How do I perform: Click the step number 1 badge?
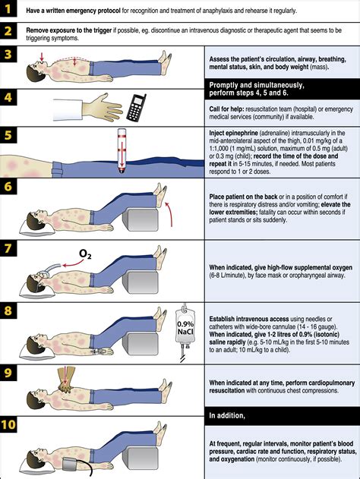(x=8, y=9)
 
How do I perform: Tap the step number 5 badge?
(x=8, y=135)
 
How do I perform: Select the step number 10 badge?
(x=8, y=424)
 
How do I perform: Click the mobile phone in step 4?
(x=136, y=107)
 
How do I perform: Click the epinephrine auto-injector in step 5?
(x=122, y=150)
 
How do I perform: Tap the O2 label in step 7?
(x=85, y=254)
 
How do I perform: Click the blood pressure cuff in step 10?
(x=73, y=465)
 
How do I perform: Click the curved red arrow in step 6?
(x=169, y=213)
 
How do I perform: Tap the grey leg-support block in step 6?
(x=141, y=219)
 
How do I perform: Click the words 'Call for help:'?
(x=226, y=109)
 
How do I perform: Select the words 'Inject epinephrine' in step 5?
(x=233, y=133)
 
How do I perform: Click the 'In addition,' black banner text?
(x=227, y=416)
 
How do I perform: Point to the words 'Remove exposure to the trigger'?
(x=69, y=30)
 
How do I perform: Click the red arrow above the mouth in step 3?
(x=42, y=56)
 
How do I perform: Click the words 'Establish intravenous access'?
(x=249, y=319)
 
